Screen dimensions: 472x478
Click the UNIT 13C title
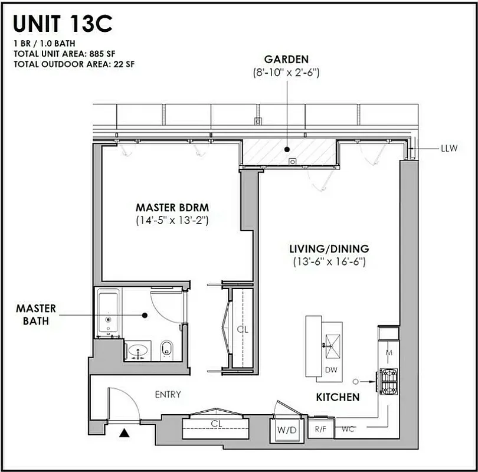point(63,24)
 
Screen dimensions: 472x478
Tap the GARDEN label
point(287,60)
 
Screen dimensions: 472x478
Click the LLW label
point(449,148)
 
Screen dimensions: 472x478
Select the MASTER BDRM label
point(172,208)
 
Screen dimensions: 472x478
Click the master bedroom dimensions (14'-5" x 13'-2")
point(172,220)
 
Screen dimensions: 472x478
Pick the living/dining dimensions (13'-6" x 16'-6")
point(329,261)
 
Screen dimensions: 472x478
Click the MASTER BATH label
point(36,314)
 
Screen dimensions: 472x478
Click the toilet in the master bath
point(166,349)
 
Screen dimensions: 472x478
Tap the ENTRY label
point(168,395)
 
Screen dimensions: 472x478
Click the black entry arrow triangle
point(124,434)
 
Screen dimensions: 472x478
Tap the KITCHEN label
point(338,398)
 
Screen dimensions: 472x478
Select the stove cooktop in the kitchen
point(389,381)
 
